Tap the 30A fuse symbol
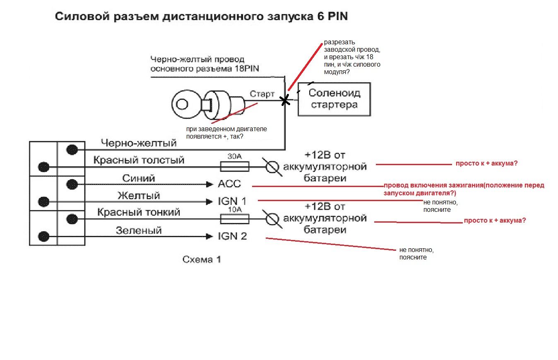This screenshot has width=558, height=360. (x=234, y=167)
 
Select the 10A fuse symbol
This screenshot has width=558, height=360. (x=234, y=219)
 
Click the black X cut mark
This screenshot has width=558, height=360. (x=285, y=100)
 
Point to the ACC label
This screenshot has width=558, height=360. (x=229, y=184)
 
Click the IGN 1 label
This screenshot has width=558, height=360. (x=232, y=201)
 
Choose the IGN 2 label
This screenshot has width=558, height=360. (x=232, y=236)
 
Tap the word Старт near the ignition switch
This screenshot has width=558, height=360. (x=262, y=94)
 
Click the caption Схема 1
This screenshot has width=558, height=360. (x=202, y=259)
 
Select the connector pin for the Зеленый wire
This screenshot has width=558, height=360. (x=43, y=237)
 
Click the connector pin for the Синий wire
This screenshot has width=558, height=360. (x=72, y=185)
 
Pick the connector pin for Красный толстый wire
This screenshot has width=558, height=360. (x=43, y=167)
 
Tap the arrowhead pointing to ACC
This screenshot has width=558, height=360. (x=210, y=185)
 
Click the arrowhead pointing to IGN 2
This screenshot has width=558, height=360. (x=210, y=237)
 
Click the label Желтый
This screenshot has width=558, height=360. (x=139, y=196)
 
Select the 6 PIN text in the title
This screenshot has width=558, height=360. (x=332, y=16)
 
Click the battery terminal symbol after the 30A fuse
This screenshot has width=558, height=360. (x=272, y=167)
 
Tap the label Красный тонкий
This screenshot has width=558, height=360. (x=139, y=212)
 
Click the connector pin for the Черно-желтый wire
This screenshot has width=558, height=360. (x=72, y=150)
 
